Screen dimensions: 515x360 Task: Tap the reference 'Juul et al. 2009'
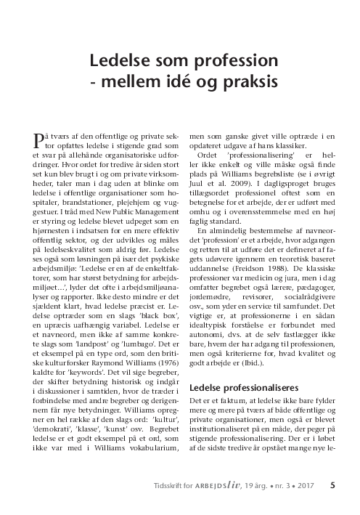[x=216, y=175]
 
